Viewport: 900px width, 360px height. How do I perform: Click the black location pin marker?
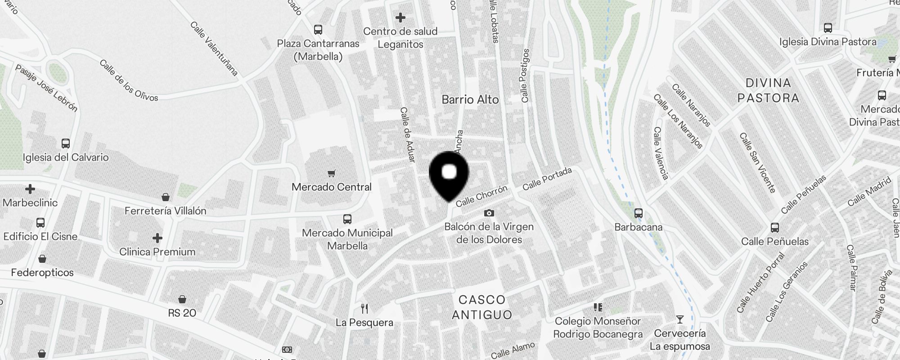pos(449,175)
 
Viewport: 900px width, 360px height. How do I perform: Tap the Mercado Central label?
pos(332,187)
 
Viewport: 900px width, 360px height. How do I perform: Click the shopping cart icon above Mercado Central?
pos(332,173)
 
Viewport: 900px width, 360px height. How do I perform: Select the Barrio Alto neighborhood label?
pos(470,99)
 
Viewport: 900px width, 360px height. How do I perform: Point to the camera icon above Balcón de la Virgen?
pos(489,213)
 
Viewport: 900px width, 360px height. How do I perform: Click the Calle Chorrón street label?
pos(481,196)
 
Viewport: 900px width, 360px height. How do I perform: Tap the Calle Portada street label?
pos(547,179)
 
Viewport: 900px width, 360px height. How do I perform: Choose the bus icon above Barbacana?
pos(638,213)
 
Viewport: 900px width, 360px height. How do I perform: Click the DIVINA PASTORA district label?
pos(768,90)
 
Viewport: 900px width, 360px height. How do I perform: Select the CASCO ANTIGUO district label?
pos(482,307)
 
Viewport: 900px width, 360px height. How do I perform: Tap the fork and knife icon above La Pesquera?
pos(364,309)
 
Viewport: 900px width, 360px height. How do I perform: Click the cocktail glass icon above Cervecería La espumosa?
pos(679,319)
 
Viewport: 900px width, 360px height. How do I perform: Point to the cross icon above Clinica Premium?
pos(157,238)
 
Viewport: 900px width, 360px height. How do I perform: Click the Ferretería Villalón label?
pos(165,211)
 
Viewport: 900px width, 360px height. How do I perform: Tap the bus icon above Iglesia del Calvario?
pos(66,144)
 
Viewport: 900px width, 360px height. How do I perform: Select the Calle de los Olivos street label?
pos(129,81)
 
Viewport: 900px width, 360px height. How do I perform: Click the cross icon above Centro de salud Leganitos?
pos(400,18)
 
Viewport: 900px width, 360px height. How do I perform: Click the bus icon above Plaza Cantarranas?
pos(318,30)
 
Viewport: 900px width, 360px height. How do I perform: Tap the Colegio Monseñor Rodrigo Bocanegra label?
pos(598,328)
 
